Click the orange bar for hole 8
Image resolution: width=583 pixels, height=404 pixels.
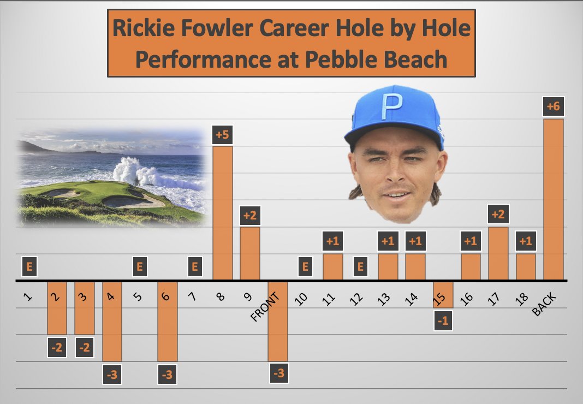tap(222, 213)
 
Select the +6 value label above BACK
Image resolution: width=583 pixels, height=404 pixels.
tap(554, 106)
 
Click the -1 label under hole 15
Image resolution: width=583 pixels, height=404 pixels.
tap(443, 322)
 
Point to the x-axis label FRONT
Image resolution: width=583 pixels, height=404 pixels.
tap(266, 307)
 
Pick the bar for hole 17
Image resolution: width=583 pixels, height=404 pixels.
tap(498, 253)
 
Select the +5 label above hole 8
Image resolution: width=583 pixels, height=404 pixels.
tap(222, 135)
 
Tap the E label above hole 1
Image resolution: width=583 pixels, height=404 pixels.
tap(30, 268)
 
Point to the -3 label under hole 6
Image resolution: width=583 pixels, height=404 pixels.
tap(167, 375)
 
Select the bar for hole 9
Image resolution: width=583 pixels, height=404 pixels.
tap(250, 253)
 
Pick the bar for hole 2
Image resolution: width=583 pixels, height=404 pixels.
tap(57, 308)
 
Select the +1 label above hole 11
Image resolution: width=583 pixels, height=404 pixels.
tap(333, 241)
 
